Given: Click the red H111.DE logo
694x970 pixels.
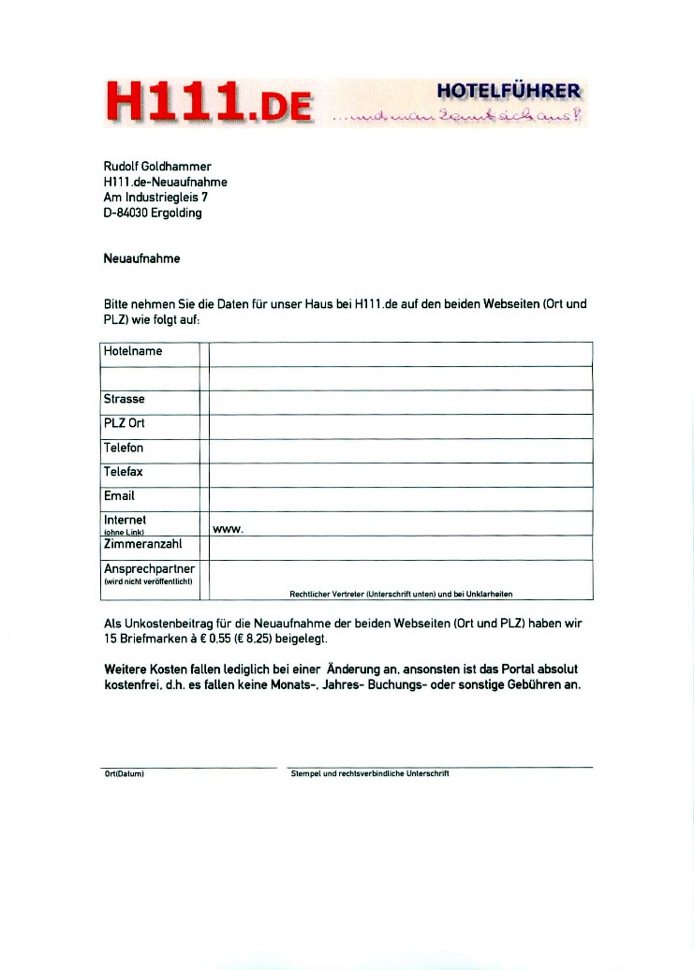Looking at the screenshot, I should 210,101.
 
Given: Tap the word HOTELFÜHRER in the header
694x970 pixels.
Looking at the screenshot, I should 509,92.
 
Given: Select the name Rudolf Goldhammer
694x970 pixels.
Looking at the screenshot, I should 157,167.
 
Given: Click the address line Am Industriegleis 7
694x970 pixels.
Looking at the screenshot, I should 155,198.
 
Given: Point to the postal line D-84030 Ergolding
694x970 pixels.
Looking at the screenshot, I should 153,213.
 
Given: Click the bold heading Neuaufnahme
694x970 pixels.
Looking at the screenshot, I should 141,257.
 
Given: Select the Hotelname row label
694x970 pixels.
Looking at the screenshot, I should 133,351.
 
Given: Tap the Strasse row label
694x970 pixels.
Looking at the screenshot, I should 125,399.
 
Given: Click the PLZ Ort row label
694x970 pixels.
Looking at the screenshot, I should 125,423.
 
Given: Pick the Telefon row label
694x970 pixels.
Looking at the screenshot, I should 124,448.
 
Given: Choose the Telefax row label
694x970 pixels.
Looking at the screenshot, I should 124,472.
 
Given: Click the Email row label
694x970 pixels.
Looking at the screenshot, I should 119,495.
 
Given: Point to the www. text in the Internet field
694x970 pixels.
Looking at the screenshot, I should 229,530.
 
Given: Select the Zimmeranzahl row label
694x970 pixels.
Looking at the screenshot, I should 142,543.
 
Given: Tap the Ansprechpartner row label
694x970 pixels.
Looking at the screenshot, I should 150,568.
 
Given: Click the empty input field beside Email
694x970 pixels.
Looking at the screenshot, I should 401,497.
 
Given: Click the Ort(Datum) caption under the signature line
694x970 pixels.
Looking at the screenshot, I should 124,774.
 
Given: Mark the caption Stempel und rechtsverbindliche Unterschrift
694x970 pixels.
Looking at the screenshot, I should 370,774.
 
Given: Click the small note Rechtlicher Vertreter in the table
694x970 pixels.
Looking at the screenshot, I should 401,594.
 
